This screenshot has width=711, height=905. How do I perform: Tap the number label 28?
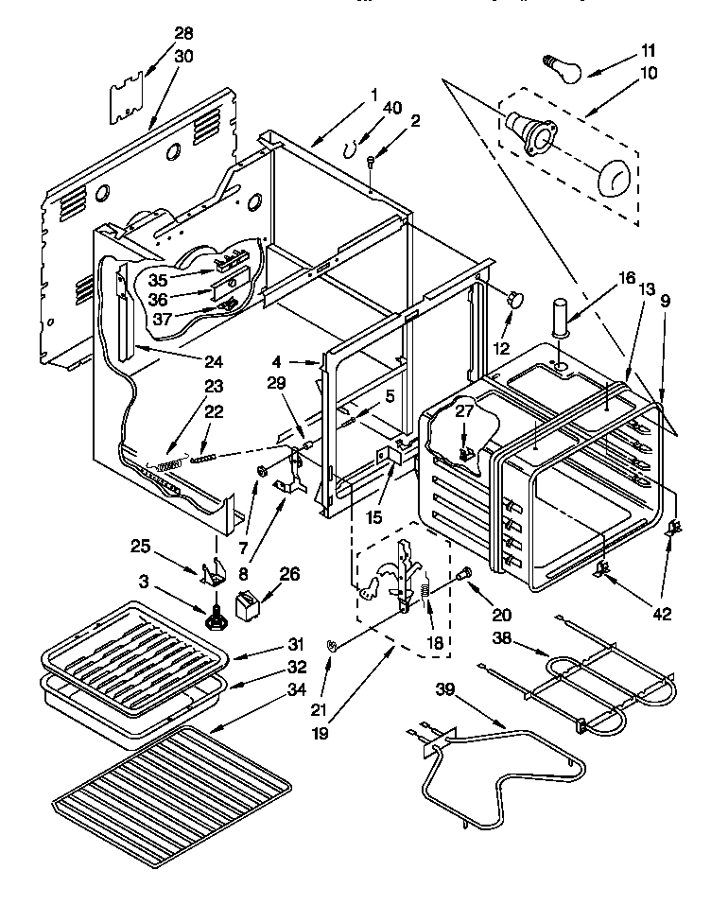pyautogui.click(x=182, y=34)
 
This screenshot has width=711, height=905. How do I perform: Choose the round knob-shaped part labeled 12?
pyautogui.click(x=515, y=299)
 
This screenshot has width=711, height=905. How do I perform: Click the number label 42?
pyautogui.click(x=661, y=614)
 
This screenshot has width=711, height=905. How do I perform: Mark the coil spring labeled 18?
pyautogui.click(x=425, y=599)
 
